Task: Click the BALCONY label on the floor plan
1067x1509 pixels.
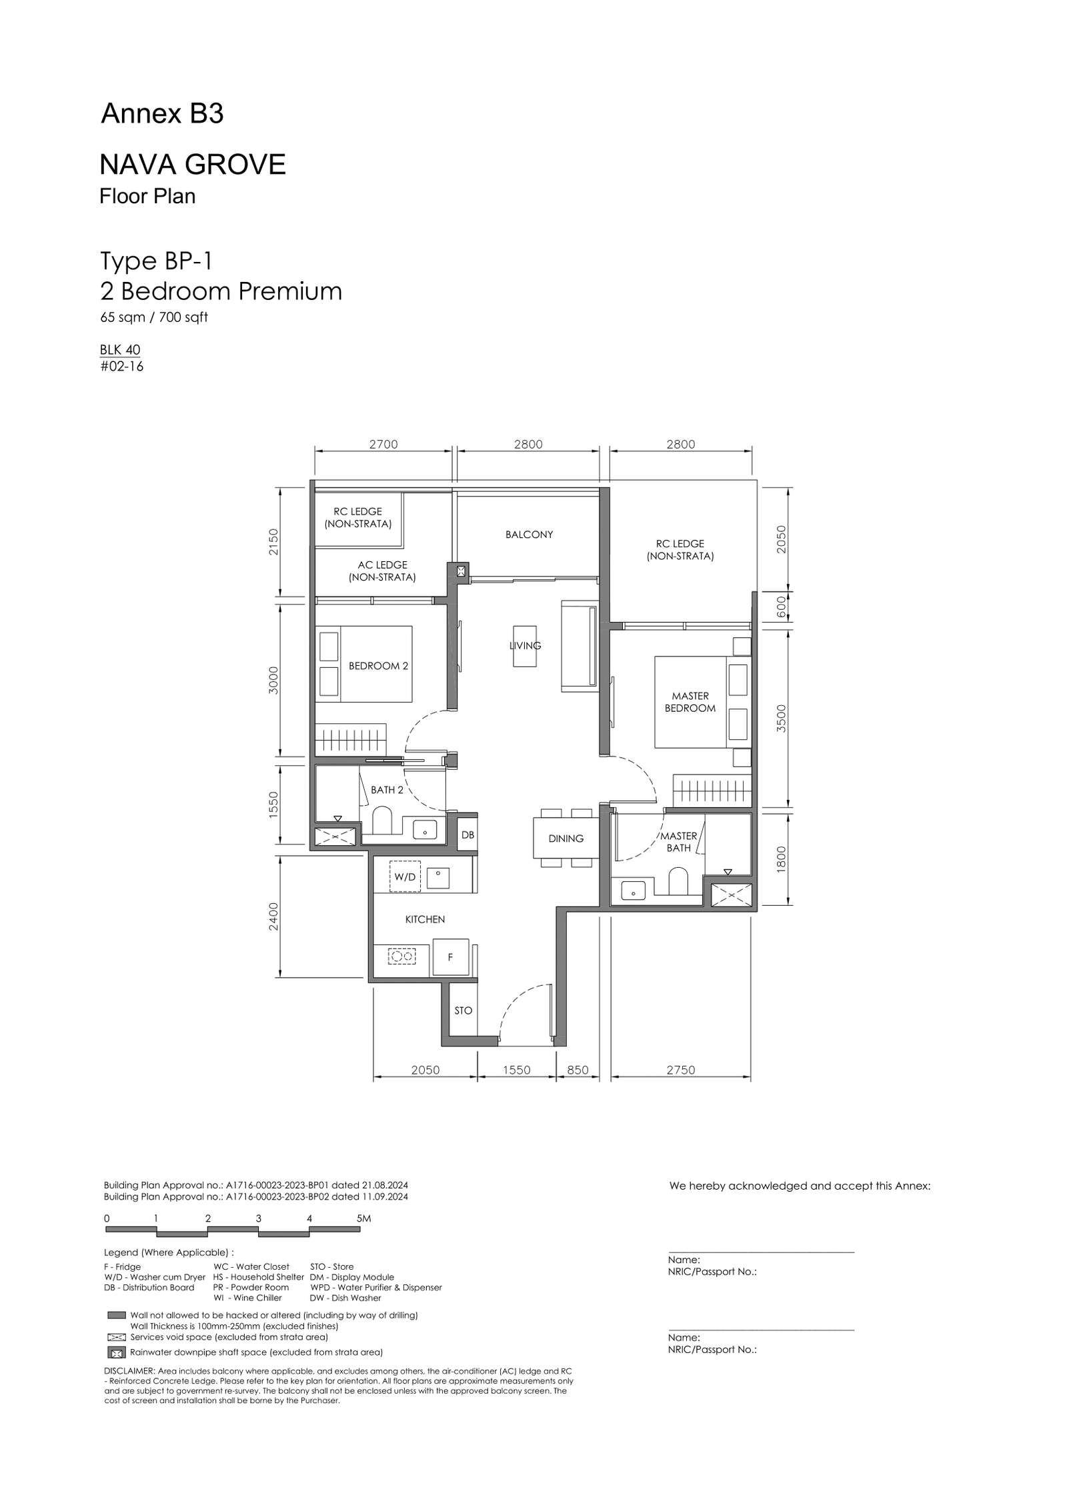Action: tap(529, 535)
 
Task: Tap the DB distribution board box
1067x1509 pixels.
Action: tap(467, 834)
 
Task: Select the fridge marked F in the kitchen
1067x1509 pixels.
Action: tap(450, 957)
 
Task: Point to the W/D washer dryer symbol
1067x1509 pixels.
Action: tap(405, 876)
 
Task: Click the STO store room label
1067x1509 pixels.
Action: tap(463, 1010)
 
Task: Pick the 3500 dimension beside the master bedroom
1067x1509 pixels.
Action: tap(782, 719)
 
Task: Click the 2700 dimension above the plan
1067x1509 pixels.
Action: tap(383, 445)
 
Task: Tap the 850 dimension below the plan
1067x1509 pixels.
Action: tap(578, 1070)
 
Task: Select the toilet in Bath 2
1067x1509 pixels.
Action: tap(383, 821)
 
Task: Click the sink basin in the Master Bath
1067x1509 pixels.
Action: tap(632, 890)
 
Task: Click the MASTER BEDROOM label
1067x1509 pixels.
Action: tap(690, 702)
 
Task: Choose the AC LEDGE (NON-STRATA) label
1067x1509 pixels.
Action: tap(382, 571)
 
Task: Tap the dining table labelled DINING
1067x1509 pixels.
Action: tap(566, 838)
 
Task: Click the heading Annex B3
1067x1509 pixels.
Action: tap(162, 115)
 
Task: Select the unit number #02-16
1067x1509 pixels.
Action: tap(122, 366)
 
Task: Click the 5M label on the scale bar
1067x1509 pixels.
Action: tap(363, 1218)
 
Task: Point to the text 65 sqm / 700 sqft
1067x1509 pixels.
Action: tap(154, 317)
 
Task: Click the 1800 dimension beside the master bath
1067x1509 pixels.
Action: tap(782, 858)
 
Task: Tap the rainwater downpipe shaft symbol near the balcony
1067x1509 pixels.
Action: tap(461, 571)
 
